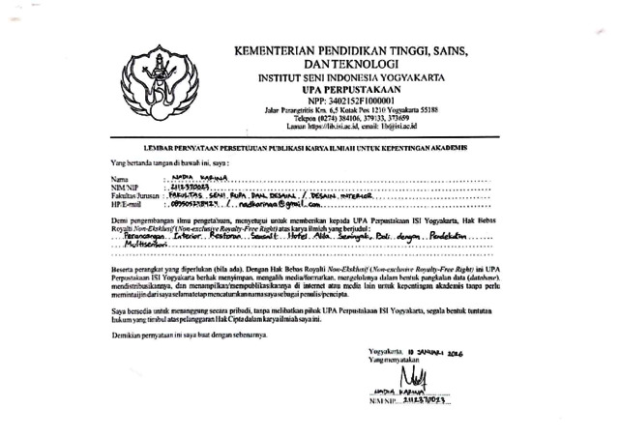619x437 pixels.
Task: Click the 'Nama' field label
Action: pos(119,180)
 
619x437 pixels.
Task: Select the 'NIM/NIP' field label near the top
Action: pos(125,188)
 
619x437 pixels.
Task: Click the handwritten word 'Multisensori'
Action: pos(144,246)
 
